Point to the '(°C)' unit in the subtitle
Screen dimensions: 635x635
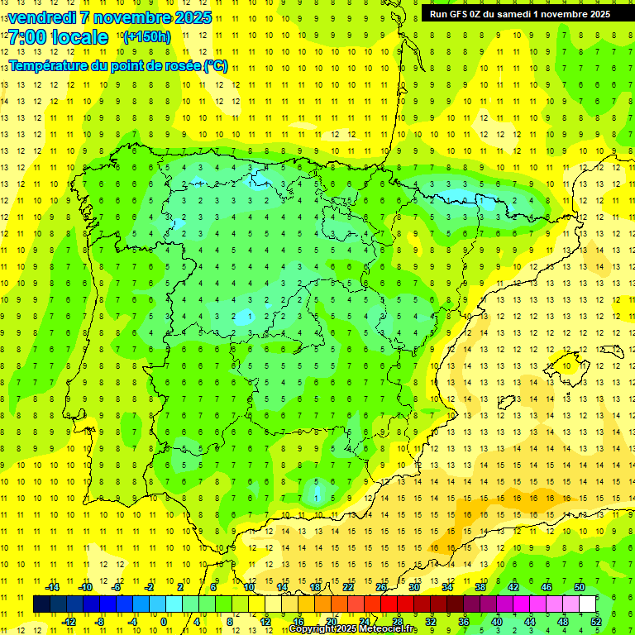(215, 66)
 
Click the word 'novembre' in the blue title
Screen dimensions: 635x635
(132, 17)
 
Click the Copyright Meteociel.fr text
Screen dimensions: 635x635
(352, 629)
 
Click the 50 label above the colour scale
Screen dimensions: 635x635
(579, 587)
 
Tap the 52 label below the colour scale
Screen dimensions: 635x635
(595, 621)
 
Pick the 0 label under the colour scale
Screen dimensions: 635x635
(164, 621)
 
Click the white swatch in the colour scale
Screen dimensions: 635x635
(587, 604)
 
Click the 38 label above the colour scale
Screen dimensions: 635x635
(480, 587)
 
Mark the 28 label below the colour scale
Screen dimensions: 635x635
(397, 621)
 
